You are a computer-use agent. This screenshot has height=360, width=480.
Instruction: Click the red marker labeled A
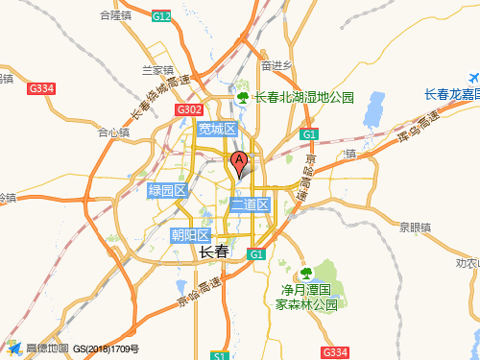tap(239, 162)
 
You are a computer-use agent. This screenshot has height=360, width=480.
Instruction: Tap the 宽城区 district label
tap(216, 129)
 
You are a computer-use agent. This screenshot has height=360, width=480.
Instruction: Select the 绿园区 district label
tap(166, 190)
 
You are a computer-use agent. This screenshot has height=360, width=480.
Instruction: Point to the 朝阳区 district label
tap(190, 235)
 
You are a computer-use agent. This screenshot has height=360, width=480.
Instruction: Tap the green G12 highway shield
tap(161, 17)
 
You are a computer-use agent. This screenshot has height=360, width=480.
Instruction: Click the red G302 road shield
tap(188, 110)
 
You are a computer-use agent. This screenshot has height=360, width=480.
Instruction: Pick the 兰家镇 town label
tap(156, 70)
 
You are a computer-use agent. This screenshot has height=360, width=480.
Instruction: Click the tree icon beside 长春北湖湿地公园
tap(244, 97)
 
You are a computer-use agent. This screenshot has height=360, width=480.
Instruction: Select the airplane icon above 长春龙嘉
tap(471, 78)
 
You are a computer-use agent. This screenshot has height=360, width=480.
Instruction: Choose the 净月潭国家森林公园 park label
tap(306, 297)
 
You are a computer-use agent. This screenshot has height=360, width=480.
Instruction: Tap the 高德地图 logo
tap(38, 348)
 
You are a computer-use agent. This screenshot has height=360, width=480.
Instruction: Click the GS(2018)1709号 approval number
tap(107, 349)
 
